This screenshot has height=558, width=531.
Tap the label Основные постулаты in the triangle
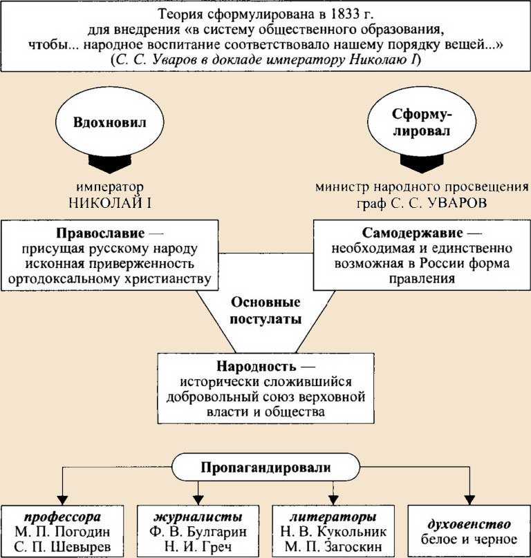tap(265, 311)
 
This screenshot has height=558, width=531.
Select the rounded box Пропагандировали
tap(265, 468)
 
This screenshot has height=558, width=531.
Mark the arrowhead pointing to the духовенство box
tap(469, 499)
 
